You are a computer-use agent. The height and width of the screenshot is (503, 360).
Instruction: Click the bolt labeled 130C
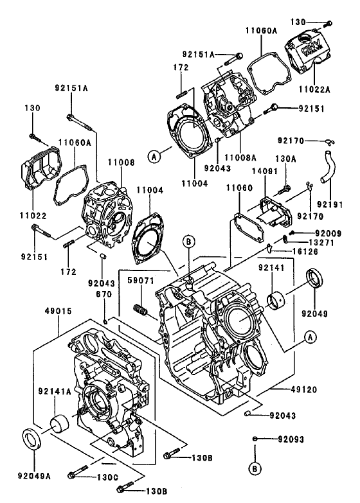pos(77,474)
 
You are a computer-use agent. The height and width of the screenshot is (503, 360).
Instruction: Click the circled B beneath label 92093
pos(255,469)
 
